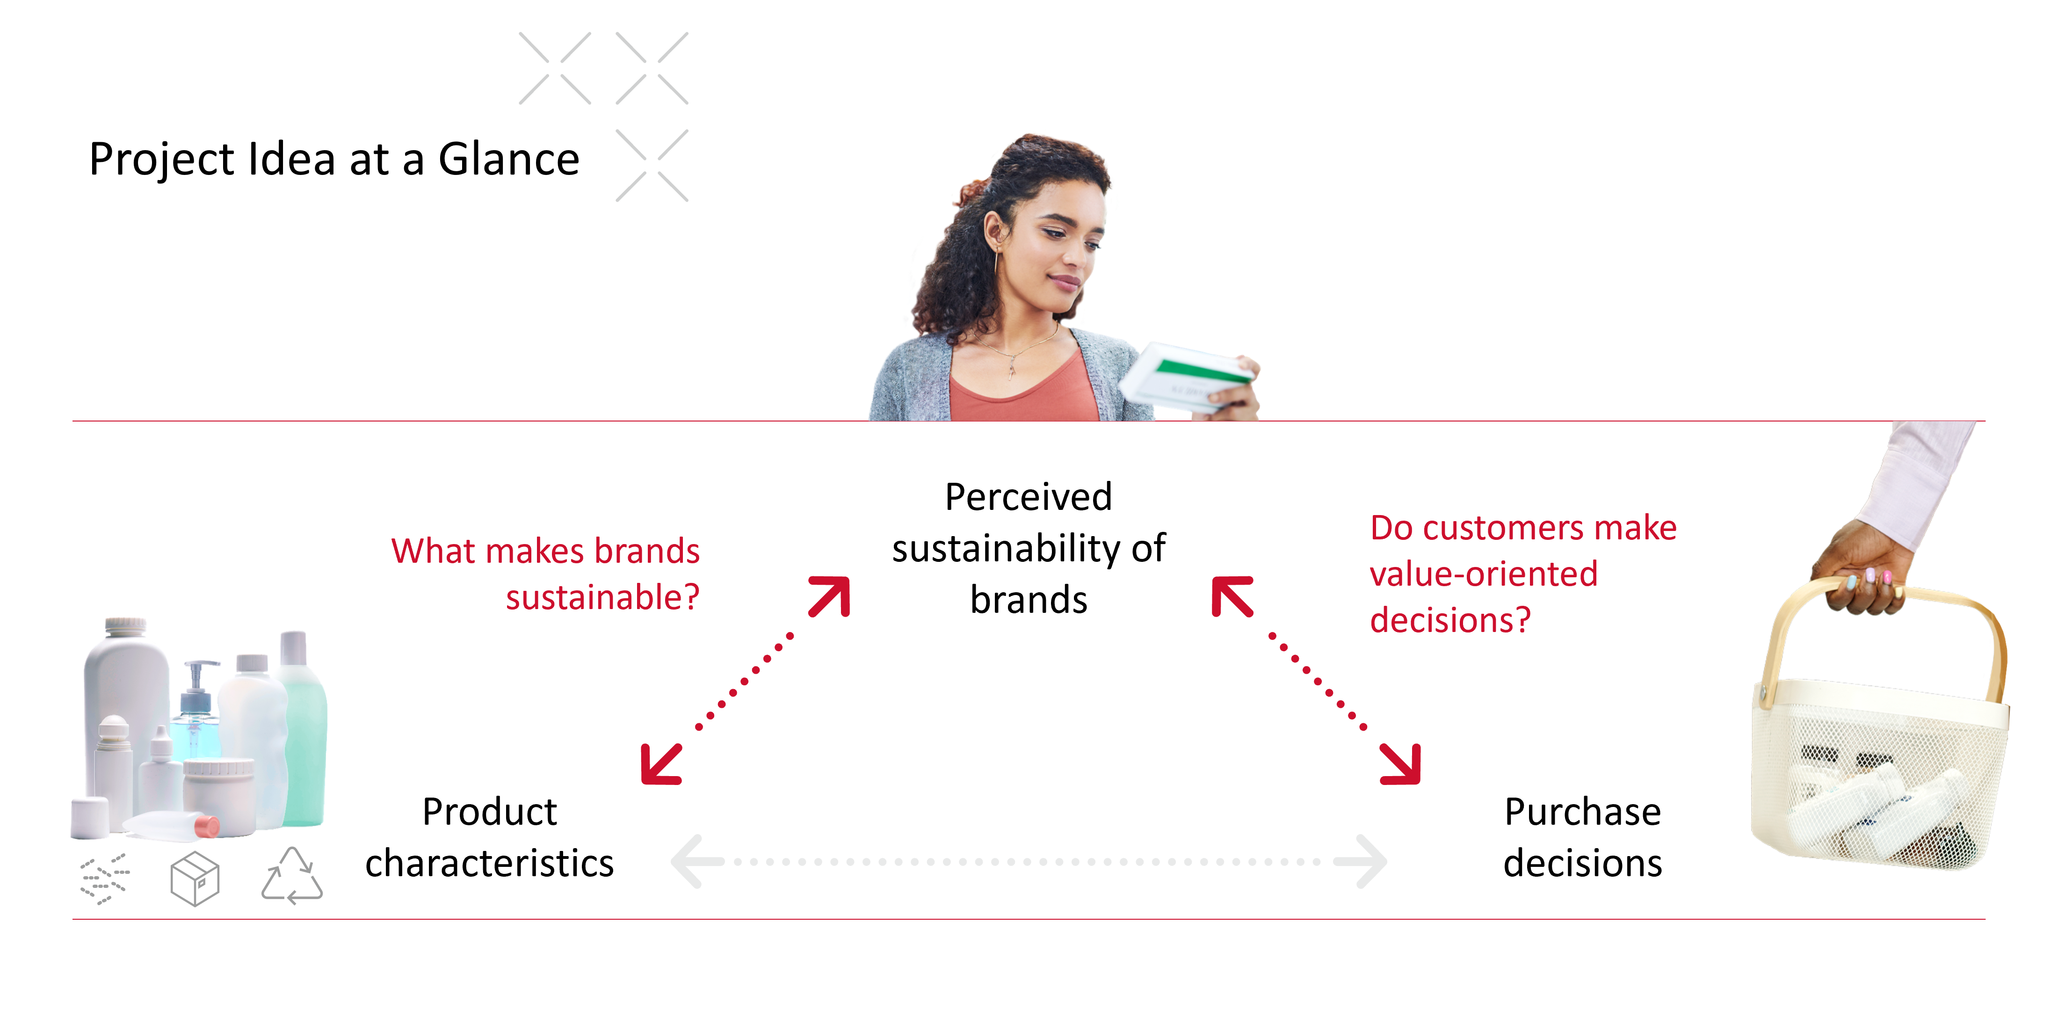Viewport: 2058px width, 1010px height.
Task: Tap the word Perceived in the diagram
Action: pos(1028,497)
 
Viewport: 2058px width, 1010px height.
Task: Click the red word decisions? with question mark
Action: pos(1450,620)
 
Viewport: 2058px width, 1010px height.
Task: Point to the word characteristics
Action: pos(489,863)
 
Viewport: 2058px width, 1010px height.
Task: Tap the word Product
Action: pos(489,812)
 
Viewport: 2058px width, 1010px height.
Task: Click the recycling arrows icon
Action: pos(291,877)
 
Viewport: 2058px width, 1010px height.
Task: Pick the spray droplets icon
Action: pos(105,878)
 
